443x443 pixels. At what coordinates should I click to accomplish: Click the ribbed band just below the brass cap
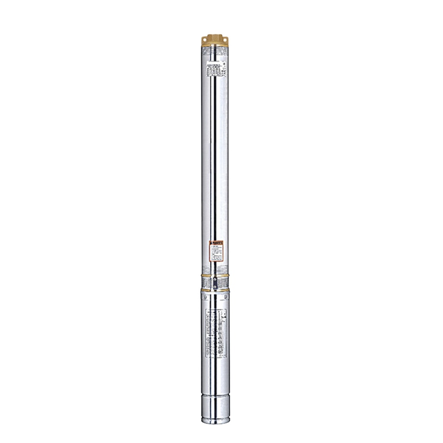[x=215, y=50]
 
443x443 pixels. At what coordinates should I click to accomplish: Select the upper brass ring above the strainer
[x=215, y=276]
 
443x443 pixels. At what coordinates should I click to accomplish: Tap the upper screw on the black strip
[x=215, y=279]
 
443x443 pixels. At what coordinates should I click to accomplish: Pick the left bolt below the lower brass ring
[x=205, y=297]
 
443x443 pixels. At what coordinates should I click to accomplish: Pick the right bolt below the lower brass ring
[x=225, y=297]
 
